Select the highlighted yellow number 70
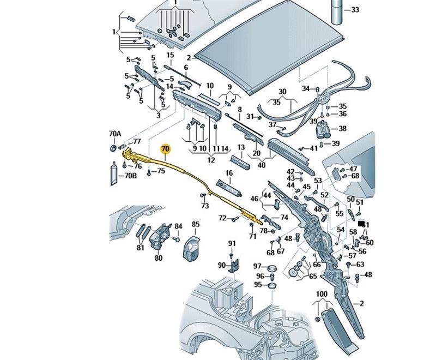click(x=165, y=148)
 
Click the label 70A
click(x=114, y=134)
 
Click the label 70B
click(x=130, y=176)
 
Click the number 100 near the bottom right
click(x=322, y=295)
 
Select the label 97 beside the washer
click(x=258, y=266)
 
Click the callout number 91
click(x=232, y=243)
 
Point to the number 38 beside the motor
click(x=342, y=129)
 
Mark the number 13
click(x=241, y=147)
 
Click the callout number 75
click(x=160, y=172)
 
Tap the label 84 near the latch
click(x=178, y=226)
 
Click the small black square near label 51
click(x=361, y=224)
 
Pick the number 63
click(x=360, y=265)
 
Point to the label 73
click(x=205, y=206)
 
